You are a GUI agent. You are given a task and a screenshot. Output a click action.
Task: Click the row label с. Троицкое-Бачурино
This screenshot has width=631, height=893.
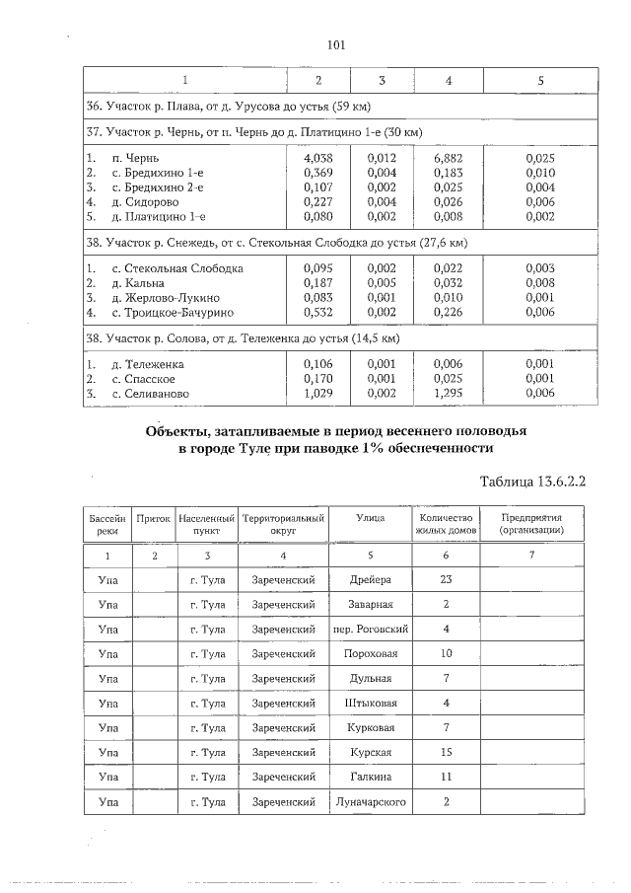pyautogui.click(x=172, y=312)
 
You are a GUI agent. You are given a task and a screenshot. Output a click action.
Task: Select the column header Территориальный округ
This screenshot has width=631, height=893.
pyautogui.click(x=283, y=523)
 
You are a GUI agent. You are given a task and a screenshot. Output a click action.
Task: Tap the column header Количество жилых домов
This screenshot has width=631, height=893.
pyautogui.click(x=447, y=523)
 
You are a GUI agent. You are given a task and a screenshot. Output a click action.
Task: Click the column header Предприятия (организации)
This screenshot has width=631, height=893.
pyautogui.click(x=531, y=523)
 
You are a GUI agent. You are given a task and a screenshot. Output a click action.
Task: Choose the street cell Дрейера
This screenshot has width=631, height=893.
pyautogui.click(x=371, y=579)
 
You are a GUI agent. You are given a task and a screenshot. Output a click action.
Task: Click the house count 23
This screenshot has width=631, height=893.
pyautogui.click(x=447, y=579)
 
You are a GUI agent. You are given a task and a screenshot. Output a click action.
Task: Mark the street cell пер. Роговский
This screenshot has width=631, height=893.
pyautogui.click(x=371, y=629)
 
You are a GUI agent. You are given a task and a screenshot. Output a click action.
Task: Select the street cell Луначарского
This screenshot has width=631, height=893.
pyautogui.click(x=371, y=802)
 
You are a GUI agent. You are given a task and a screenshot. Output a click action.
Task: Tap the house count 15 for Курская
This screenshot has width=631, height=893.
pyautogui.click(x=447, y=753)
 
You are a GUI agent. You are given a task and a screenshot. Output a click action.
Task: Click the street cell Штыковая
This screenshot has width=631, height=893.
pyautogui.click(x=371, y=703)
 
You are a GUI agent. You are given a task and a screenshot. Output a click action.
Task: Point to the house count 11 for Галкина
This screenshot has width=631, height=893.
pyautogui.click(x=447, y=778)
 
